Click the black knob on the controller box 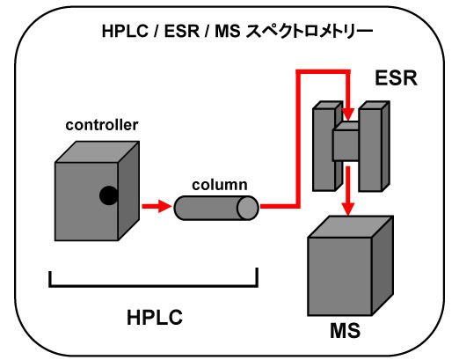(x=108, y=195)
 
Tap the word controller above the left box (x=102, y=125)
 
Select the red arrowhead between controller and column (x=164, y=206)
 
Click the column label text (x=220, y=185)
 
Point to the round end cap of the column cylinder (x=248, y=208)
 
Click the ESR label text (x=396, y=78)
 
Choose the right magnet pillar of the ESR (x=374, y=146)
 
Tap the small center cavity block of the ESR (x=346, y=142)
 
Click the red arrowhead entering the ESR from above (x=348, y=114)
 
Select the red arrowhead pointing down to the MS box (x=348, y=209)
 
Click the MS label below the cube (x=345, y=331)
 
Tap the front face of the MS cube (x=339, y=276)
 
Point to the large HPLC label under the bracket (x=155, y=317)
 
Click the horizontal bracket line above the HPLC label (x=153, y=285)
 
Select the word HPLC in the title (x=125, y=31)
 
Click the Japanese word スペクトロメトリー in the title (x=310, y=31)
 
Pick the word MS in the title (x=228, y=31)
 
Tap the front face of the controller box (x=86, y=202)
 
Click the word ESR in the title (x=182, y=31)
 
